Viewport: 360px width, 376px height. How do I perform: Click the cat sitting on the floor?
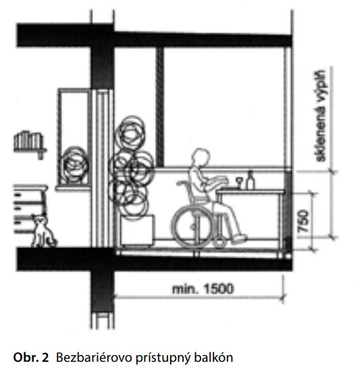44,231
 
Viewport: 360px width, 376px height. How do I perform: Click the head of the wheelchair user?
201,158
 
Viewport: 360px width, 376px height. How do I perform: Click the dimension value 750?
303,221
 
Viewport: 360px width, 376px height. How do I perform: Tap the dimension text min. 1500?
203,289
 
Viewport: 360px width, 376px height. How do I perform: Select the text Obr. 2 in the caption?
31,357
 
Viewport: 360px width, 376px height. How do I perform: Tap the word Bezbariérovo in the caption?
94,357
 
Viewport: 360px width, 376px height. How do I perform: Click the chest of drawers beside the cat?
30,208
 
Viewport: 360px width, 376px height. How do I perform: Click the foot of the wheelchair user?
240,238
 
